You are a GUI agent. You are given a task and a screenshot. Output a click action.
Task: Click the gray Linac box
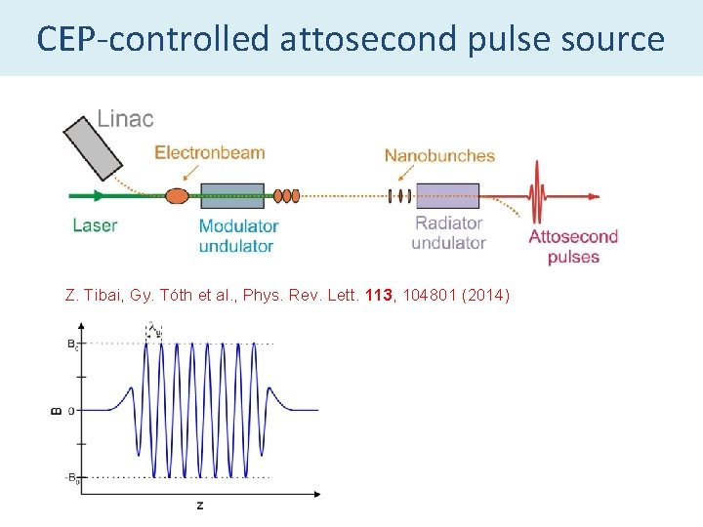click(x=92, y=147)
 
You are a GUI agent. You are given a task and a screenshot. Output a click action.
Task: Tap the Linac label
click(x=125, y=119)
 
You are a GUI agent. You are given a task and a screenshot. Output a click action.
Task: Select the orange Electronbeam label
click(x=210, y=152)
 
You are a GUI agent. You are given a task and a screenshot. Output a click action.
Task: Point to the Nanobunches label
click(x=439, y=155)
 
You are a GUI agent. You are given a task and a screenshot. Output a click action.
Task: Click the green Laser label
click(x=95, y=225)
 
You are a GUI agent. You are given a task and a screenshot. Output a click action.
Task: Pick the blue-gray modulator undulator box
click(x=232, y=196)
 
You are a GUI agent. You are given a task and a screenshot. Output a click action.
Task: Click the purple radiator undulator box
click(x=447, y=196)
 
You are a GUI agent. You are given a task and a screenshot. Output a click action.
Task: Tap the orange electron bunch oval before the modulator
click(x=176, y=196)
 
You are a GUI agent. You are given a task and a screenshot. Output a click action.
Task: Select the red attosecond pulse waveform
click(x=536, y=195)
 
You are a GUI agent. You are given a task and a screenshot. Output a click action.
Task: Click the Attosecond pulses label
click(x=573, y=247)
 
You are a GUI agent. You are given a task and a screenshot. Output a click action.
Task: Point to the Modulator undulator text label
click(x=237, y=235)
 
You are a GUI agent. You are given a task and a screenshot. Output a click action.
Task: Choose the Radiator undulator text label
click(x=448, y=232)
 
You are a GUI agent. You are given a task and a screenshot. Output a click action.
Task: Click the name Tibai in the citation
click(x=103, y=296)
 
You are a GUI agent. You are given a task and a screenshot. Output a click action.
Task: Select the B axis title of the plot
click(x=56, y=410)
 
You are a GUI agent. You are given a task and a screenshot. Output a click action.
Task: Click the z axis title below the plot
click(x=199, y=506)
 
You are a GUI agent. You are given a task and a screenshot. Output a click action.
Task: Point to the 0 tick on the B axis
click(x=71, y=411)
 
